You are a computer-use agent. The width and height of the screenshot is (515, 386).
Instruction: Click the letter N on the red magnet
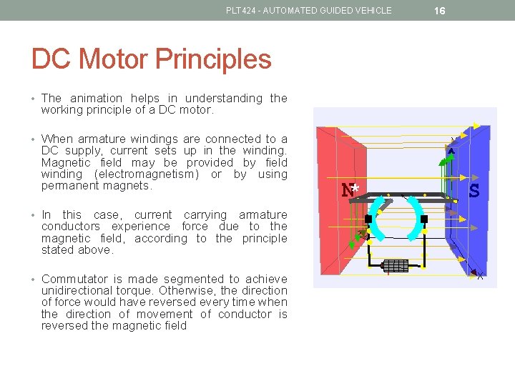pyautogui.click(x=348, y=190)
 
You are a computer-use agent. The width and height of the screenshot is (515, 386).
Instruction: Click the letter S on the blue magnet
pyautogui.click(x=474, y=191)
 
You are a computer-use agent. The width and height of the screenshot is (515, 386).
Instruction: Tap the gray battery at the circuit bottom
pyautogui.click(x=396, y=266)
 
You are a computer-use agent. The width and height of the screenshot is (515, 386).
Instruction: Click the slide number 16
pyautogui.click(x=440, y=10)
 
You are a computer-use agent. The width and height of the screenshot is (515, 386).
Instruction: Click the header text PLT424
pyautogui.click(x=240, y=10)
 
